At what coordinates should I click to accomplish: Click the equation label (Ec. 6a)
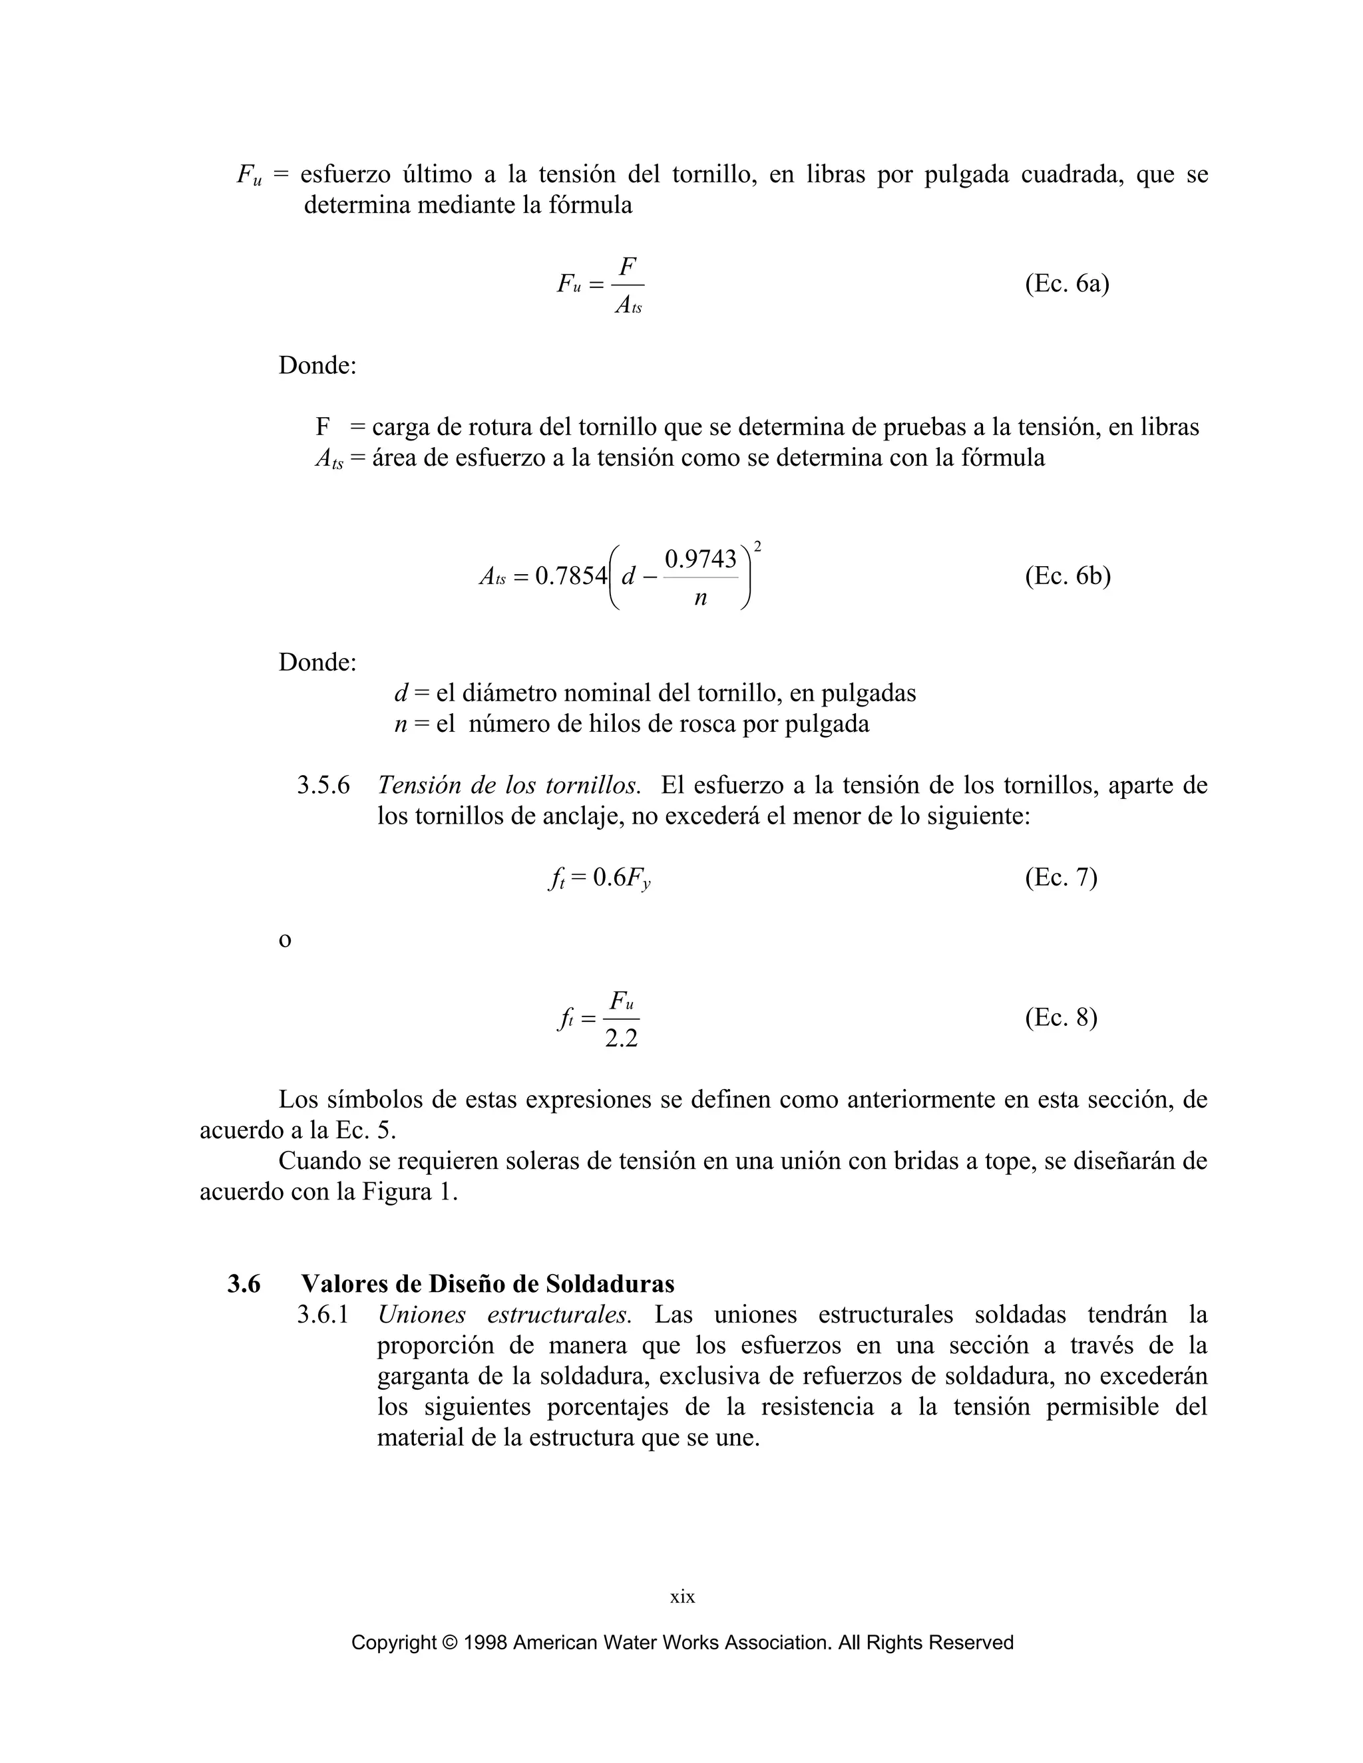pos(1067,284)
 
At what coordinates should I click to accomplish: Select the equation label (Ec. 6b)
pos(1068,576)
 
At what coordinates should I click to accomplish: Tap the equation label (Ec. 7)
pos(1061,877)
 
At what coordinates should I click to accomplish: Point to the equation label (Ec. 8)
pos(1061,1017)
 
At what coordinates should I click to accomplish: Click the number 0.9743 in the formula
pos(700,559)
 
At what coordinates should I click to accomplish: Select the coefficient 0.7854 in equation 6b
pos(571,576)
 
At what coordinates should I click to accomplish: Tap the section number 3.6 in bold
pos(244,1283)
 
